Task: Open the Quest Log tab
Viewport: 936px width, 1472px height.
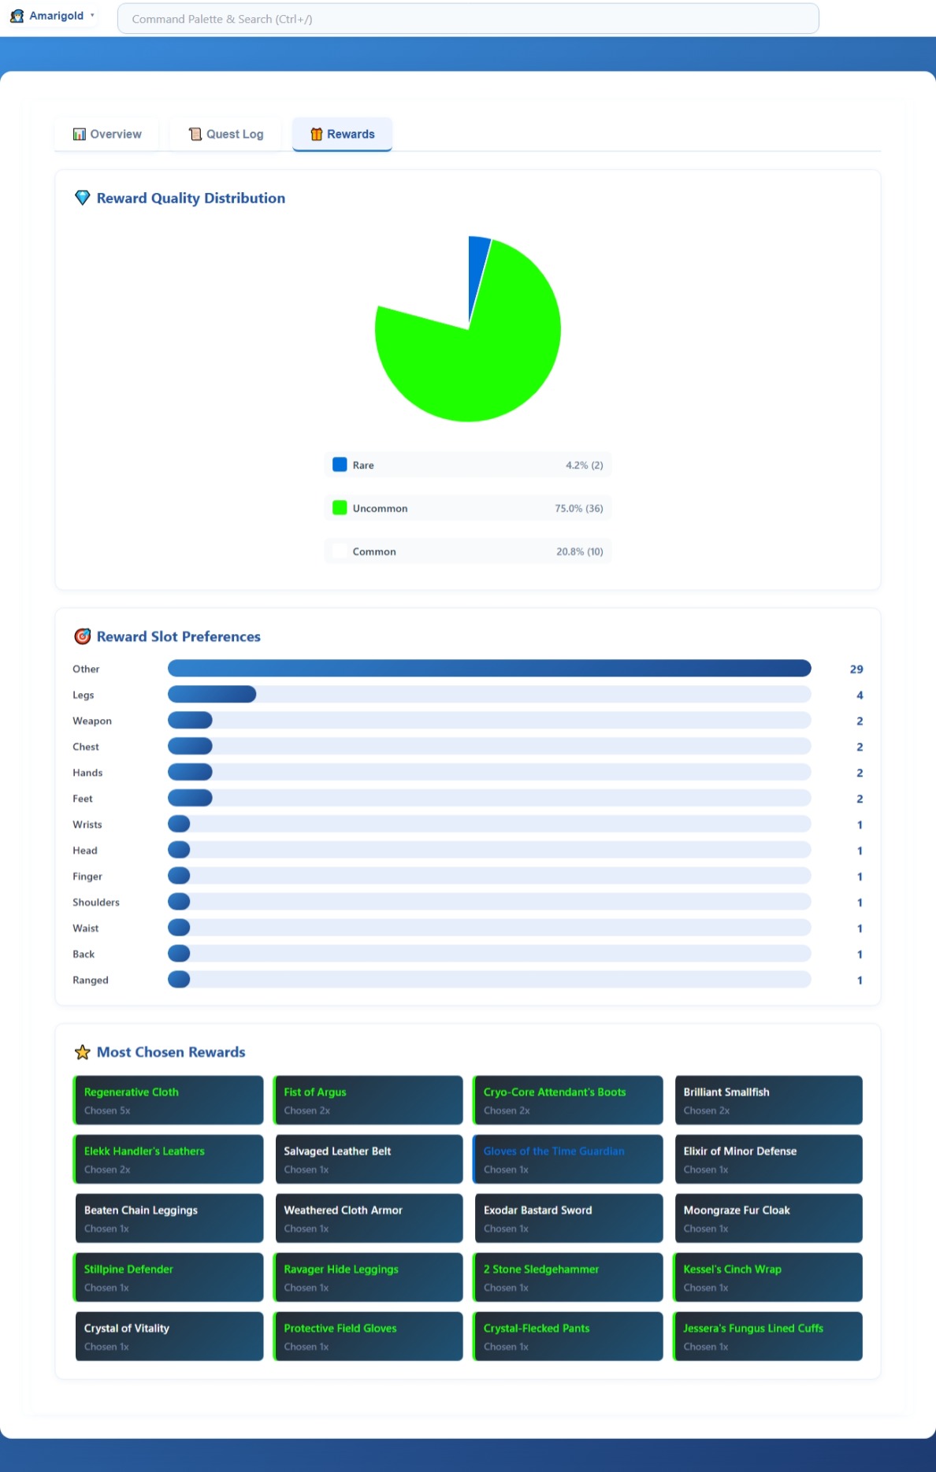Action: (226, 134)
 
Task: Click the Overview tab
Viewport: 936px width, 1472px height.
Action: (107, 134)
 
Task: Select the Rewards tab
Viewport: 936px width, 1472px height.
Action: (342, 134)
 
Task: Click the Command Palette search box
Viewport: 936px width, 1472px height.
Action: (467, 19)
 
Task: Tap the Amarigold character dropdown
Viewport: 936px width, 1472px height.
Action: (53, 16)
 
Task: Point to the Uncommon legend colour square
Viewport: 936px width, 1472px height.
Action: (340, 508)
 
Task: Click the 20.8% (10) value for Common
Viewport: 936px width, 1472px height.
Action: (579, 551)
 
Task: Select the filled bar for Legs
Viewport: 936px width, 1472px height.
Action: (212, 695)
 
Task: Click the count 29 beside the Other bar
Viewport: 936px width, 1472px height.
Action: (856, 669)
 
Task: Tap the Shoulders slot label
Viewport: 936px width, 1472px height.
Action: (96, 903)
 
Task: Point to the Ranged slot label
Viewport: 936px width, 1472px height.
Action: (91, 981)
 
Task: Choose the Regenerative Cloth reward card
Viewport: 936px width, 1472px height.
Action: (169, 1100)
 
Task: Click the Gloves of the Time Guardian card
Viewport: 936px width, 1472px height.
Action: (567, 1159)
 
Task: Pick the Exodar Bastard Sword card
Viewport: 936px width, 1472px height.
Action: (567, 1218)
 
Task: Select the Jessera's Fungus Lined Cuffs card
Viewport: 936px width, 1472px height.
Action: (767, 1337)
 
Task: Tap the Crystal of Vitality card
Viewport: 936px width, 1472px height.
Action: (169, 1337)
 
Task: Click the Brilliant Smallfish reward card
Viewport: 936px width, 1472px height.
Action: (767, 1100)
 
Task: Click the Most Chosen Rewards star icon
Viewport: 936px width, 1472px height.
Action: (82, 1052)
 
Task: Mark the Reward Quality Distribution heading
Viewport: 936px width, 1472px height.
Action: (191, 198)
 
